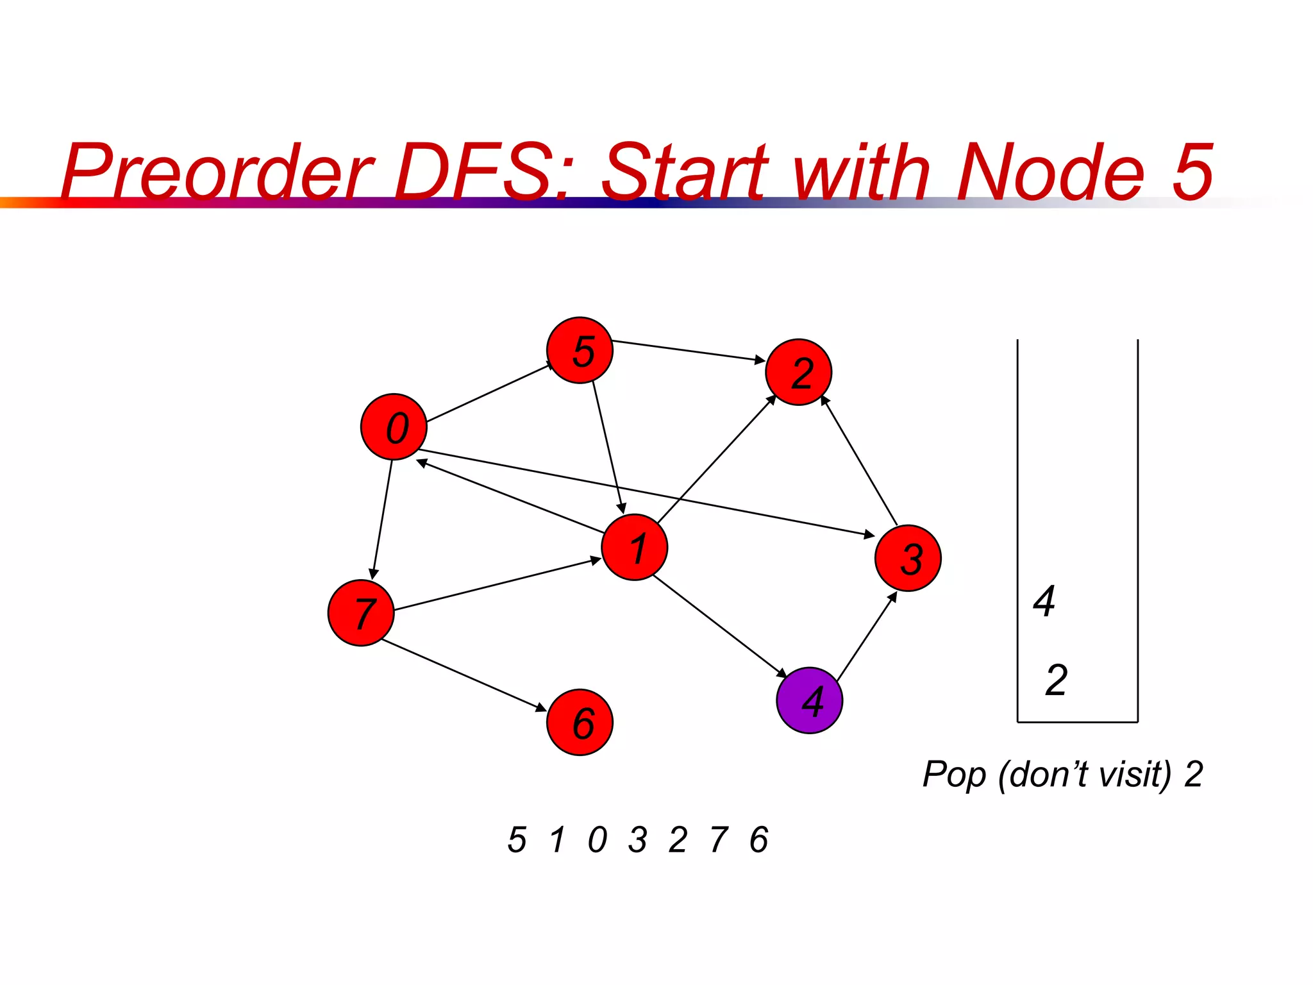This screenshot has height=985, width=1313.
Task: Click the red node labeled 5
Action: [x=580, y=350]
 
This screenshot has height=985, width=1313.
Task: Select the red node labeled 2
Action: [x=798, y=372]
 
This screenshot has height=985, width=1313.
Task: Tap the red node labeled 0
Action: [x=394, y=426]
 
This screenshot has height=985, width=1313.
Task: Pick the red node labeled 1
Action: [x=634, y=547]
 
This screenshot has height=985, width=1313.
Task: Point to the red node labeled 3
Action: [x=908, y=558]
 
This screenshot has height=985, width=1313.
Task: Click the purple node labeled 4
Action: [x=809, y=700]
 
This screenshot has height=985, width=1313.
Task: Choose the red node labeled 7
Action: [x=360, y=612]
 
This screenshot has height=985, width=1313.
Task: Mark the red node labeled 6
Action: [x=580, y=722]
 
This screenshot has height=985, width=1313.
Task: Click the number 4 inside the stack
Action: [x=1044, y=602]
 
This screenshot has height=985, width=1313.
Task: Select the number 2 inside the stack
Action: [x=1056, y=680]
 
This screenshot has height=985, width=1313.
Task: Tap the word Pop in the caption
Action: [x=954, y=775]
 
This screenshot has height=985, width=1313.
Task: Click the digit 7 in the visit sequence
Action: [x=719, y=839]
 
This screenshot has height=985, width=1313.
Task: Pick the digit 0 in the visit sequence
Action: [x=597, y=839]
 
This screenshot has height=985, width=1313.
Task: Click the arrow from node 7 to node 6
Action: [x=464, y=675]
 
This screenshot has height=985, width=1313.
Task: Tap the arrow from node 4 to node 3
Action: [x=867, y=637]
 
